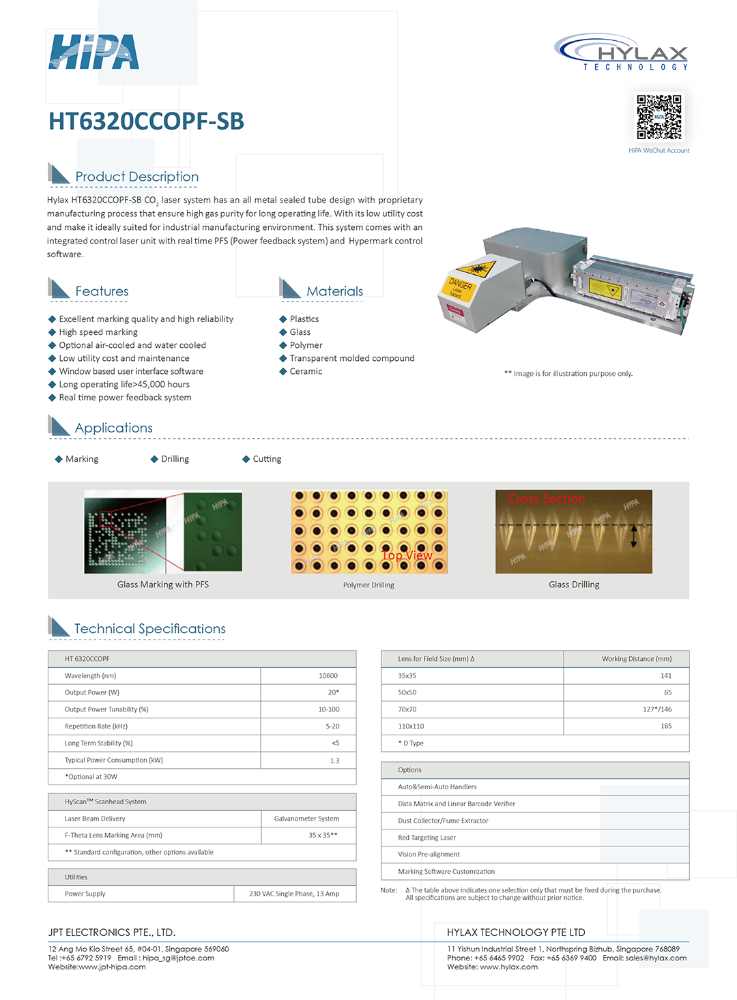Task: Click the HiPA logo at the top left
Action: point(93,53)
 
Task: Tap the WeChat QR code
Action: point(659,117)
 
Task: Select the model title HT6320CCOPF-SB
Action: point(146,121)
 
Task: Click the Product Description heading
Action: point(136,177)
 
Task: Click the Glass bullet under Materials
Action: point(300,332)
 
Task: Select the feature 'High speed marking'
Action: point(98,332)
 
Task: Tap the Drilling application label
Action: point(175,459)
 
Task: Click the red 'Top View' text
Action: point(407,555)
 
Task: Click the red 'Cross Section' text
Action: point(547,499)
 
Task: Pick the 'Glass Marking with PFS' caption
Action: point(163,585)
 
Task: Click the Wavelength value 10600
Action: point(328,676)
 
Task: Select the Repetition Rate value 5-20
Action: point(332,726)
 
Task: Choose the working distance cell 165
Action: point(666,726)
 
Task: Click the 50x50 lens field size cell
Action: point(407,692)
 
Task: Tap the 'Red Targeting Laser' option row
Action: point(427,838)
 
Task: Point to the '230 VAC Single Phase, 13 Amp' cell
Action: point(294,894)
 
